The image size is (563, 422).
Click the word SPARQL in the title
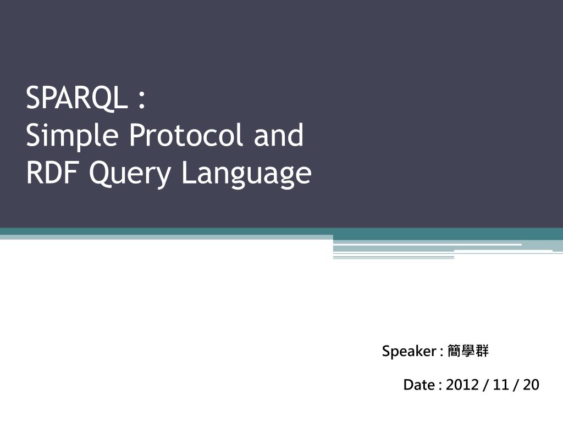point(77,98)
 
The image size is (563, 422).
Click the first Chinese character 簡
point(454,351)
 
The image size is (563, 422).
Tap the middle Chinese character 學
point(468,351)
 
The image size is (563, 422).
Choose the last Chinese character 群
point(482,351)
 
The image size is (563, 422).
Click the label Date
point(419,385)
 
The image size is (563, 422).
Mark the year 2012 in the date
point(462,385)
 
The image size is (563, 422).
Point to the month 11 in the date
point(501,385)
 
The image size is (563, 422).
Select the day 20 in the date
point(531,385)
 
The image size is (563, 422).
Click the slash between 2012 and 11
point(485,385)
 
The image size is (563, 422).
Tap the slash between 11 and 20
point(516,385)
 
